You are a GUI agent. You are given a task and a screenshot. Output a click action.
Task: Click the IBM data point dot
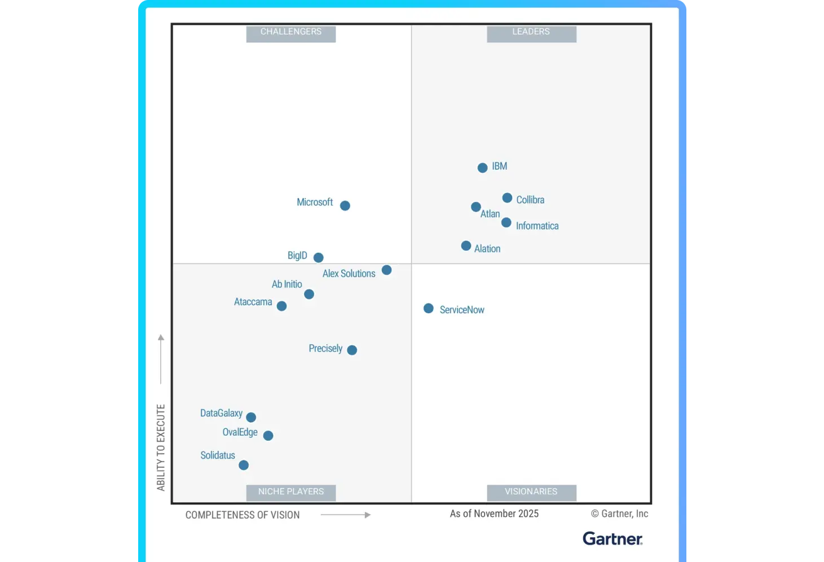[482, 168]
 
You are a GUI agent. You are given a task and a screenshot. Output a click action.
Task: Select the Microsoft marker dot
[345, 205]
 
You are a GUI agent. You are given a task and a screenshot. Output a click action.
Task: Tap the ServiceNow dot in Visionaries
[429, 309]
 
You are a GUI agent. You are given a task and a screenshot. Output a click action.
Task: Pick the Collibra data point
[507, 198]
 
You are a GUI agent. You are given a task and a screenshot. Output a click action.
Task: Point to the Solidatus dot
[244, 465]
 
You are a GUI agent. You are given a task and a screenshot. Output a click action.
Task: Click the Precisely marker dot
[352, 350]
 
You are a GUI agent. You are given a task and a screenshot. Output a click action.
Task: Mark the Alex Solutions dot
[386, 270]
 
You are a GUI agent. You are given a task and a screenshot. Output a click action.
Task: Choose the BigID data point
[319, 257]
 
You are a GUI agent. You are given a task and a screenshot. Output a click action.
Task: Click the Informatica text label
[537, 226]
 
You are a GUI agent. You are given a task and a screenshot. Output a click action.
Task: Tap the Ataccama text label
[253, 302]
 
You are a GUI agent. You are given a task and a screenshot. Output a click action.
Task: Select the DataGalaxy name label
[221, 413]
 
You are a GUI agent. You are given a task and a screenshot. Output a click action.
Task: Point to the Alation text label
[487, 249]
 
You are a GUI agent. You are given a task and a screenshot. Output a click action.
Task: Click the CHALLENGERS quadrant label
[291, 32]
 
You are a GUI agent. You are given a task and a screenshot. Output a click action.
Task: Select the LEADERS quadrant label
[531, 32]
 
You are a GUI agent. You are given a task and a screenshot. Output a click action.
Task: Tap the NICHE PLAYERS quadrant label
[291, 492]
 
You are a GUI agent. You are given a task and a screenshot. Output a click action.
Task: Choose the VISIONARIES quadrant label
[531, 492]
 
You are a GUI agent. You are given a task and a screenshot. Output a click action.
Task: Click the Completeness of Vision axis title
[243, 515]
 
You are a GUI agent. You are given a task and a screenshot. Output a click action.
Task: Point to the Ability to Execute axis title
[161, 447]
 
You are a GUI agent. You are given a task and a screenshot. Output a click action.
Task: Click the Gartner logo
[613, 539]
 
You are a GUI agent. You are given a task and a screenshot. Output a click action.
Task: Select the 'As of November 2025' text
[494, 513]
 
